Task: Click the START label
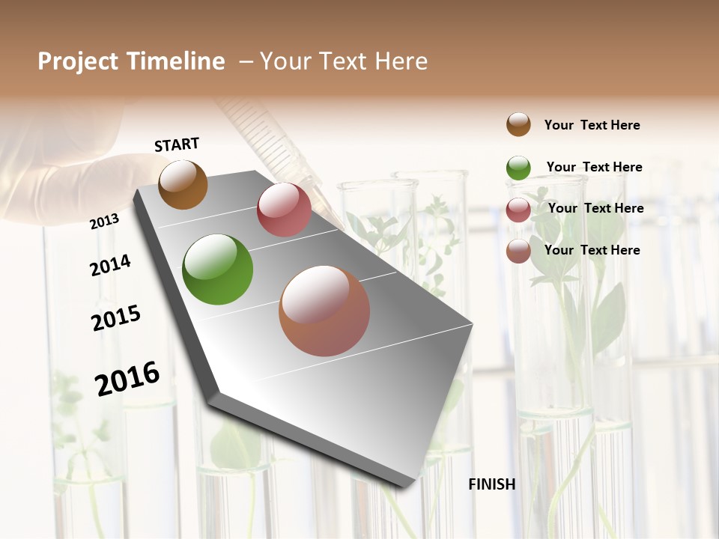pyautogui.click(x=177, y=144)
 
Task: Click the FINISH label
pyautogui.click(x=492, y=484)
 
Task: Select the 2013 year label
pyautogui.click(x=105, y=222)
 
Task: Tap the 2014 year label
pyautogui.click(x=111, y=266)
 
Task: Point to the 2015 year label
pyautogui.click(x=116, y=318)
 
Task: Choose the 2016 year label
pyautogui.click(x=127, y=378)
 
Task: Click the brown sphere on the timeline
pyautogui.click(x=183, y=184)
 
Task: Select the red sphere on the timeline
pyautogui.click(x=284, y=210)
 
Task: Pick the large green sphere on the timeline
pyautogui.click(x=218, y=269)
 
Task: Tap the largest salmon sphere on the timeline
pyautogui.click(x=324, y=311)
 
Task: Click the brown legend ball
pyautogui.click(x=518, y=125)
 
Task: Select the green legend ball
pyautogui.click(x=518, y=168)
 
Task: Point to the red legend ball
pyautogui.click(x=518, y=210)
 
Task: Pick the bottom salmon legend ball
pyautogui.click(x=518, y=251)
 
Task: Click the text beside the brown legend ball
pyautogui.click(x=592, y=125)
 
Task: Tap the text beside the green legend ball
pyautogui.click(x=594, y=167)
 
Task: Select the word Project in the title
pyautogui.click(x=78, y=61)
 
